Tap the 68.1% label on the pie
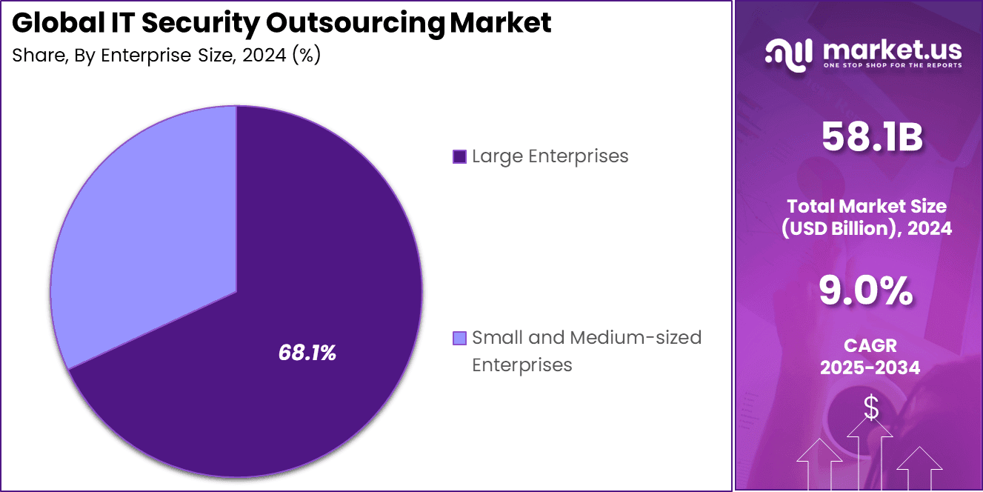[307, 353]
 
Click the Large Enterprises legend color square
[459, 157]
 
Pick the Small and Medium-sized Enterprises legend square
[459, 339]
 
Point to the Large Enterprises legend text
[550, 156]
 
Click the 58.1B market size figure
[871, 139]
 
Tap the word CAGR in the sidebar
[870, 345]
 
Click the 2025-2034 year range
[870, 367]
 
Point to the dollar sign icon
[871, 408]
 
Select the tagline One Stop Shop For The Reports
[892, 65]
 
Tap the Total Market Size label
[867, 206]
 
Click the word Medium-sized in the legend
[635, 338]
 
